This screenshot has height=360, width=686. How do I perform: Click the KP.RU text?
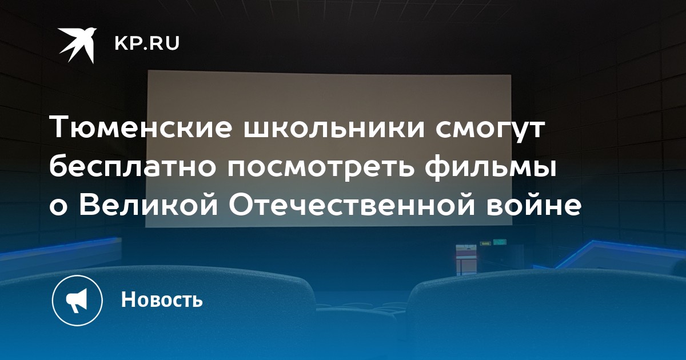[147, 43]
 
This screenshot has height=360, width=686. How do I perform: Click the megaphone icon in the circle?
[77, 300]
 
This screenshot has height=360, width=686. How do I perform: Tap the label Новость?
[162, 299]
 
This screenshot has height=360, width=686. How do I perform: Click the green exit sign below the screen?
[499, 242]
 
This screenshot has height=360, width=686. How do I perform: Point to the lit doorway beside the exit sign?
[466, 259]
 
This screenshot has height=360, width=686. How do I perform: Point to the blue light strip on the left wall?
[58, 248]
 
